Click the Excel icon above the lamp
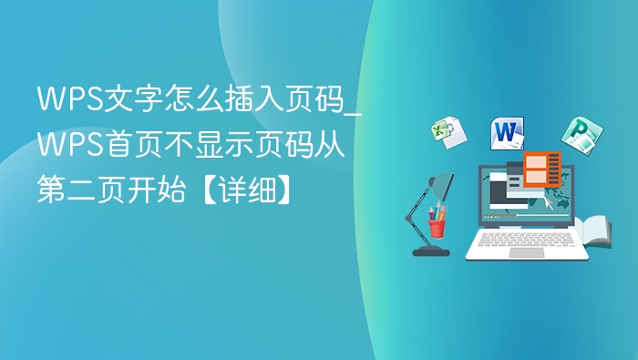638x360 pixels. click(448, 132)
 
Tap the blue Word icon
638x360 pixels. click(507, 133)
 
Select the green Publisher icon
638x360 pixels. click(578, 135)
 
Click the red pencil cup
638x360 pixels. click(437, 226)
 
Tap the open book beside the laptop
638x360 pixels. click(596, 232)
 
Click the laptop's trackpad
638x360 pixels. click(526, 252)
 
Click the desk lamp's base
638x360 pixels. click(430, 251)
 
